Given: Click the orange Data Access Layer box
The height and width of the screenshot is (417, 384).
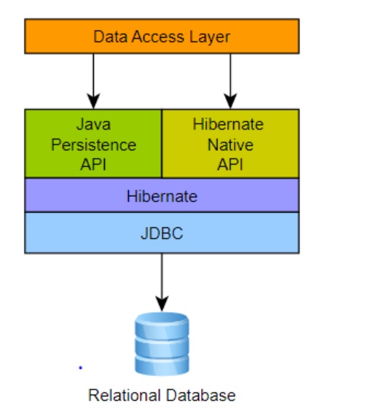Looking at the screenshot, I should [161, 36].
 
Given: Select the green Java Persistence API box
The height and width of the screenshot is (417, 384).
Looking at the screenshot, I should [93, 144].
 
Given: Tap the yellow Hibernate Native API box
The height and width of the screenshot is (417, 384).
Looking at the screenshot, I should [230, 144].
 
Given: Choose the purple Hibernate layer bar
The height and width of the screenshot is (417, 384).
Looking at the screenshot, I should [161, 195].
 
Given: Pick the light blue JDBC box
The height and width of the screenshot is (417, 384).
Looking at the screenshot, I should [161, 233].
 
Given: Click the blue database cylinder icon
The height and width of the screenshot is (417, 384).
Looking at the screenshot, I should [162, 343].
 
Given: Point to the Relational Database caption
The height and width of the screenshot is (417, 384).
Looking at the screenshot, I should [162, 396].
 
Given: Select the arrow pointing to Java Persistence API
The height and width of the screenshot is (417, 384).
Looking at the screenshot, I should [93, 80].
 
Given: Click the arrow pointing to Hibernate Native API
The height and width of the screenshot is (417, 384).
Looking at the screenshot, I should [230, 80].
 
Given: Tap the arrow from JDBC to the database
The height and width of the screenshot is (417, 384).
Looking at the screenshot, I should [162, 281].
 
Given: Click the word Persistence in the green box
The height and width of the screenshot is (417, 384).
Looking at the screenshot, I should [93, 144].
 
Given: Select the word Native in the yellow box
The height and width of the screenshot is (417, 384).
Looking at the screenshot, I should [230, 144].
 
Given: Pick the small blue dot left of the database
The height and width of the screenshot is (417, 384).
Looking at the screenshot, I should [80, 367].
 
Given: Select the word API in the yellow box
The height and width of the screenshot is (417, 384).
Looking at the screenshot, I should [230, 163].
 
